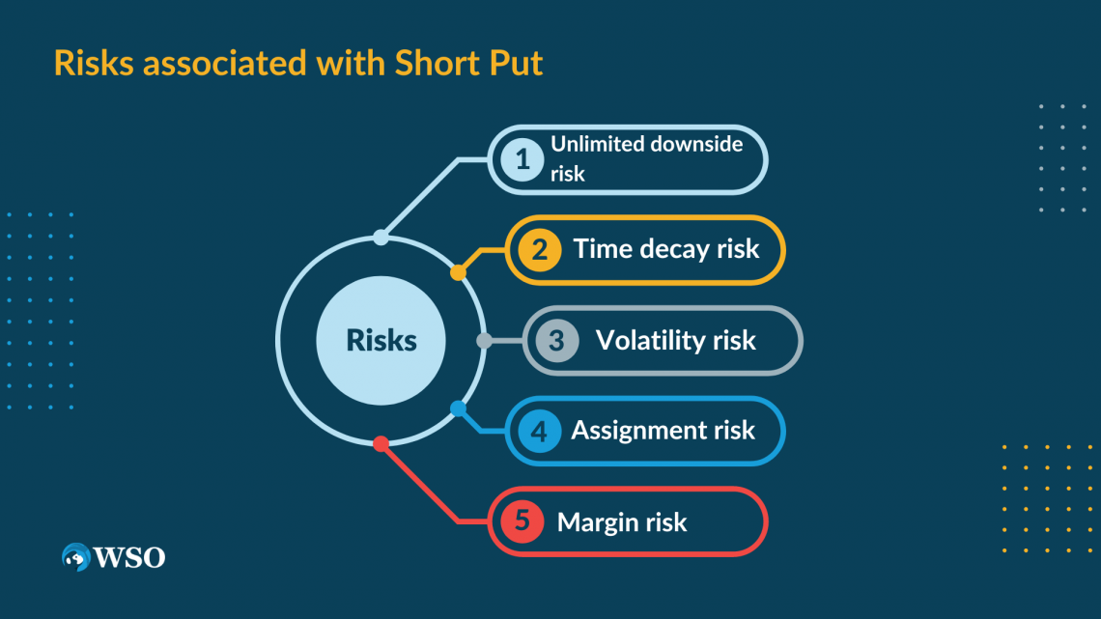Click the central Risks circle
[x=381, y=340]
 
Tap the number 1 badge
[x=522, y=159]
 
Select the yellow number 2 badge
[x=539, y=250]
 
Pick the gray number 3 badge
[x=556, y=340]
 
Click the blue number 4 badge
[x=539, y=431]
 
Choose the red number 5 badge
[x=522, y=521]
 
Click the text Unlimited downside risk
[x=646, y=158]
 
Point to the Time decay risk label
[x=666, y=249]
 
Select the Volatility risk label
[x=675, y=340]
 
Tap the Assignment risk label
[x=663, y=431]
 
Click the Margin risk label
[x=622, y=522]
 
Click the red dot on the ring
[x=381, y=443]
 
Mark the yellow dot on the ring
[x=458, y=273]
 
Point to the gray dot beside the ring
[x=485, y=340]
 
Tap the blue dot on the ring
[x=458, y=408]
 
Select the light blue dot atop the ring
[x=381, y=238]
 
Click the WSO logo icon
[x=75, y=557]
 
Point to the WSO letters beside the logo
[x=128, y=557]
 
